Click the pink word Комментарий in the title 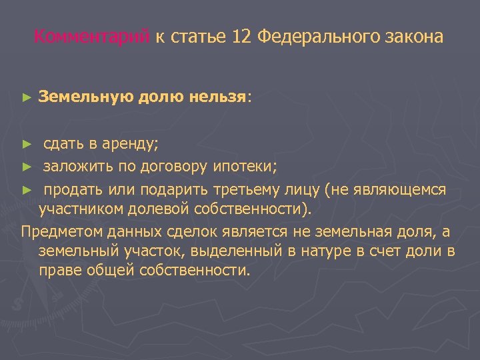tap(92, 37)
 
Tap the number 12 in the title tap(242, 37)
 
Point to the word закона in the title tap(414, 37)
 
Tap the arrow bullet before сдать tap(26, 143)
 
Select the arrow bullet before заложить tap(26, 167)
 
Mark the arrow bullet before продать tap(26, 190)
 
